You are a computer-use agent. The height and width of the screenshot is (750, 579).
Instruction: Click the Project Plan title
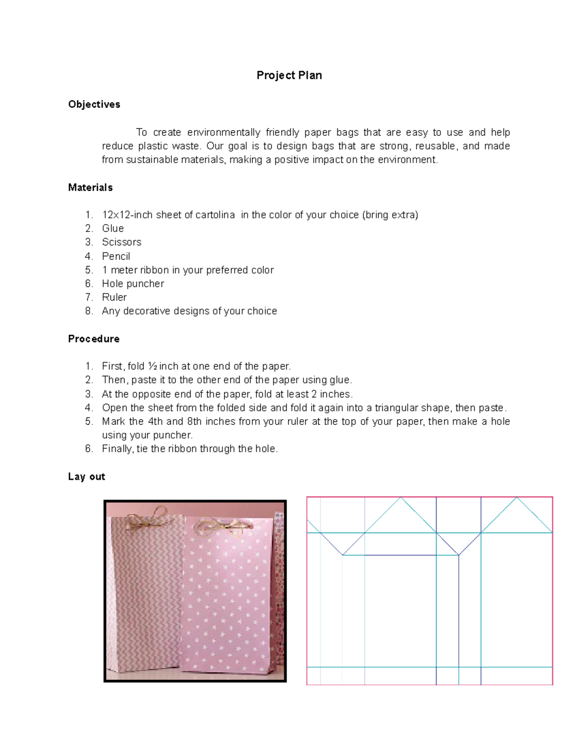(289, 75)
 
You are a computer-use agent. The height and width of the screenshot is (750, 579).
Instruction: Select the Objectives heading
(94, 104)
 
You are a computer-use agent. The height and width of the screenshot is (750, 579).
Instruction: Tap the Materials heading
(90, 187)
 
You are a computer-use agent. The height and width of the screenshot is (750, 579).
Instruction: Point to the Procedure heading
(94, 339)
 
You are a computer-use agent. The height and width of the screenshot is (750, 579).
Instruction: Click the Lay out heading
(86, 477)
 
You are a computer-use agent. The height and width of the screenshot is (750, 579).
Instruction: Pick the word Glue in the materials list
(113, 228)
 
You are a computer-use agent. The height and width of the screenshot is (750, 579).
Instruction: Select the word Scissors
(122, 242)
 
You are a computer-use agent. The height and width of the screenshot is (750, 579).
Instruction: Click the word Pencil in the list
(116, 256)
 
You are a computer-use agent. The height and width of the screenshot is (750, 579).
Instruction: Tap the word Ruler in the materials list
(114, 297)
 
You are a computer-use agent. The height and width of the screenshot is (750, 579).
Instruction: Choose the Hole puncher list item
(133, 283)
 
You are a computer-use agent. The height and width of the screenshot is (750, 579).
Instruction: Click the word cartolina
(216, 215)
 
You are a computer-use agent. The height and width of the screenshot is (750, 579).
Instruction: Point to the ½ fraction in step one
(152, 366)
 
